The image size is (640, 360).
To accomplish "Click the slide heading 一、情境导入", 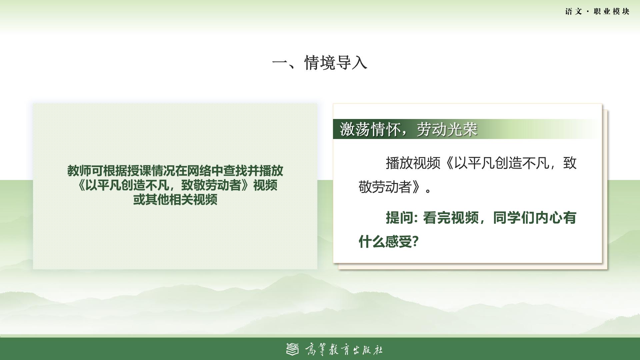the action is click(x=320, y=63).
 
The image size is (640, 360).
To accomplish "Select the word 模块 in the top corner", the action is click(x=621, y=12).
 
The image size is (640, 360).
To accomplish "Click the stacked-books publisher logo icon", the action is click(x=293, y=349).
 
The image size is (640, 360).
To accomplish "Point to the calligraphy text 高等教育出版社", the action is click(x=344, y=350).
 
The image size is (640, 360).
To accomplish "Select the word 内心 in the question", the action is click(x=548, y=218).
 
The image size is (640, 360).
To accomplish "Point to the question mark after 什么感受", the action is click(x=415, y=241).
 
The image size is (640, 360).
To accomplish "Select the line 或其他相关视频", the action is click(x=175, y=199).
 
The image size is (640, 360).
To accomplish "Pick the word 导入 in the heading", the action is click(x=352, y=63).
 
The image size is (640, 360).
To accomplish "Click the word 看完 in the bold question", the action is click(x=437, y=218).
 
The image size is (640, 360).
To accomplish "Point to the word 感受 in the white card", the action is click(x=399, y=241).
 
